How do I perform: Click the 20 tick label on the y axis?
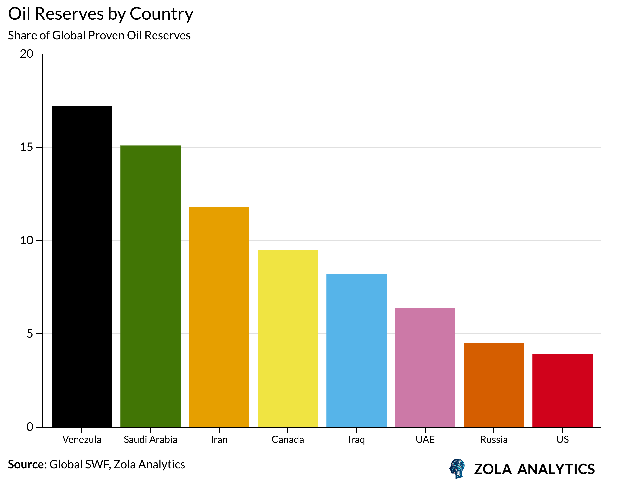(26, 54)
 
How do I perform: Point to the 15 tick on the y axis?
(26, 147)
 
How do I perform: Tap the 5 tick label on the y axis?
(30, 334)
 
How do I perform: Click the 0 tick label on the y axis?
(30, 427)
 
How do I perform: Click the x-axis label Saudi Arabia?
(150, 439)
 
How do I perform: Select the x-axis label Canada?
(288, 439)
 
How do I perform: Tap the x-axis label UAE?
(425, 439)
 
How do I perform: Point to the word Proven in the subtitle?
(106, 35)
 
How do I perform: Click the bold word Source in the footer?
(27, 464)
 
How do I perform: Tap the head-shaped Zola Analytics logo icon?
(457, 468)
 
